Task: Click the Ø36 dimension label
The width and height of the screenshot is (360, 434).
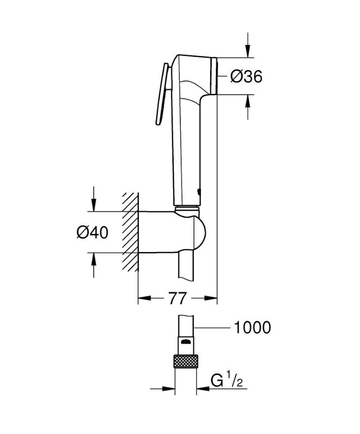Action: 246,77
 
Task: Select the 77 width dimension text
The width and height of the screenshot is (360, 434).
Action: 175,298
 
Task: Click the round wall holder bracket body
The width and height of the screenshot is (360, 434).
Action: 171,232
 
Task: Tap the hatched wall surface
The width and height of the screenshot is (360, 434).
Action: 130,232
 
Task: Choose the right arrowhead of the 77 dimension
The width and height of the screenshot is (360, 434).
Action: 212,298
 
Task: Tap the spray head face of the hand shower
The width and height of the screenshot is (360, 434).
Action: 215,76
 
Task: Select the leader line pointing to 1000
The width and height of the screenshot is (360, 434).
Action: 211,328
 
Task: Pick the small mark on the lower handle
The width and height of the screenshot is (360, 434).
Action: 199,192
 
